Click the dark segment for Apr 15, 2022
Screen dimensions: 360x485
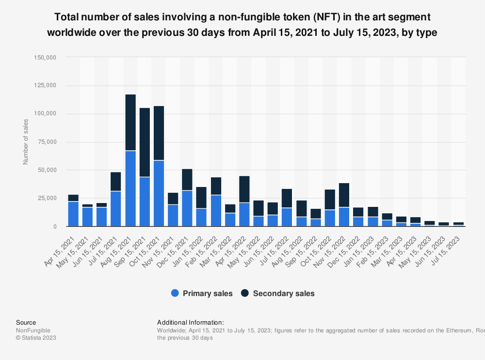(244, 189)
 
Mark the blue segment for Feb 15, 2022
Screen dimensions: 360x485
(216, 211)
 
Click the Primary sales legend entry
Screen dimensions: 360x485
(202, 293)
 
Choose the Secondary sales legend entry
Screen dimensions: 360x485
(278, 293)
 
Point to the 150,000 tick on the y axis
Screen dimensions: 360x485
(46, 58)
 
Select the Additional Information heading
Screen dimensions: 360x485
(191, 322)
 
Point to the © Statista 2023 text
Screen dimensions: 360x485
(36, 338)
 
